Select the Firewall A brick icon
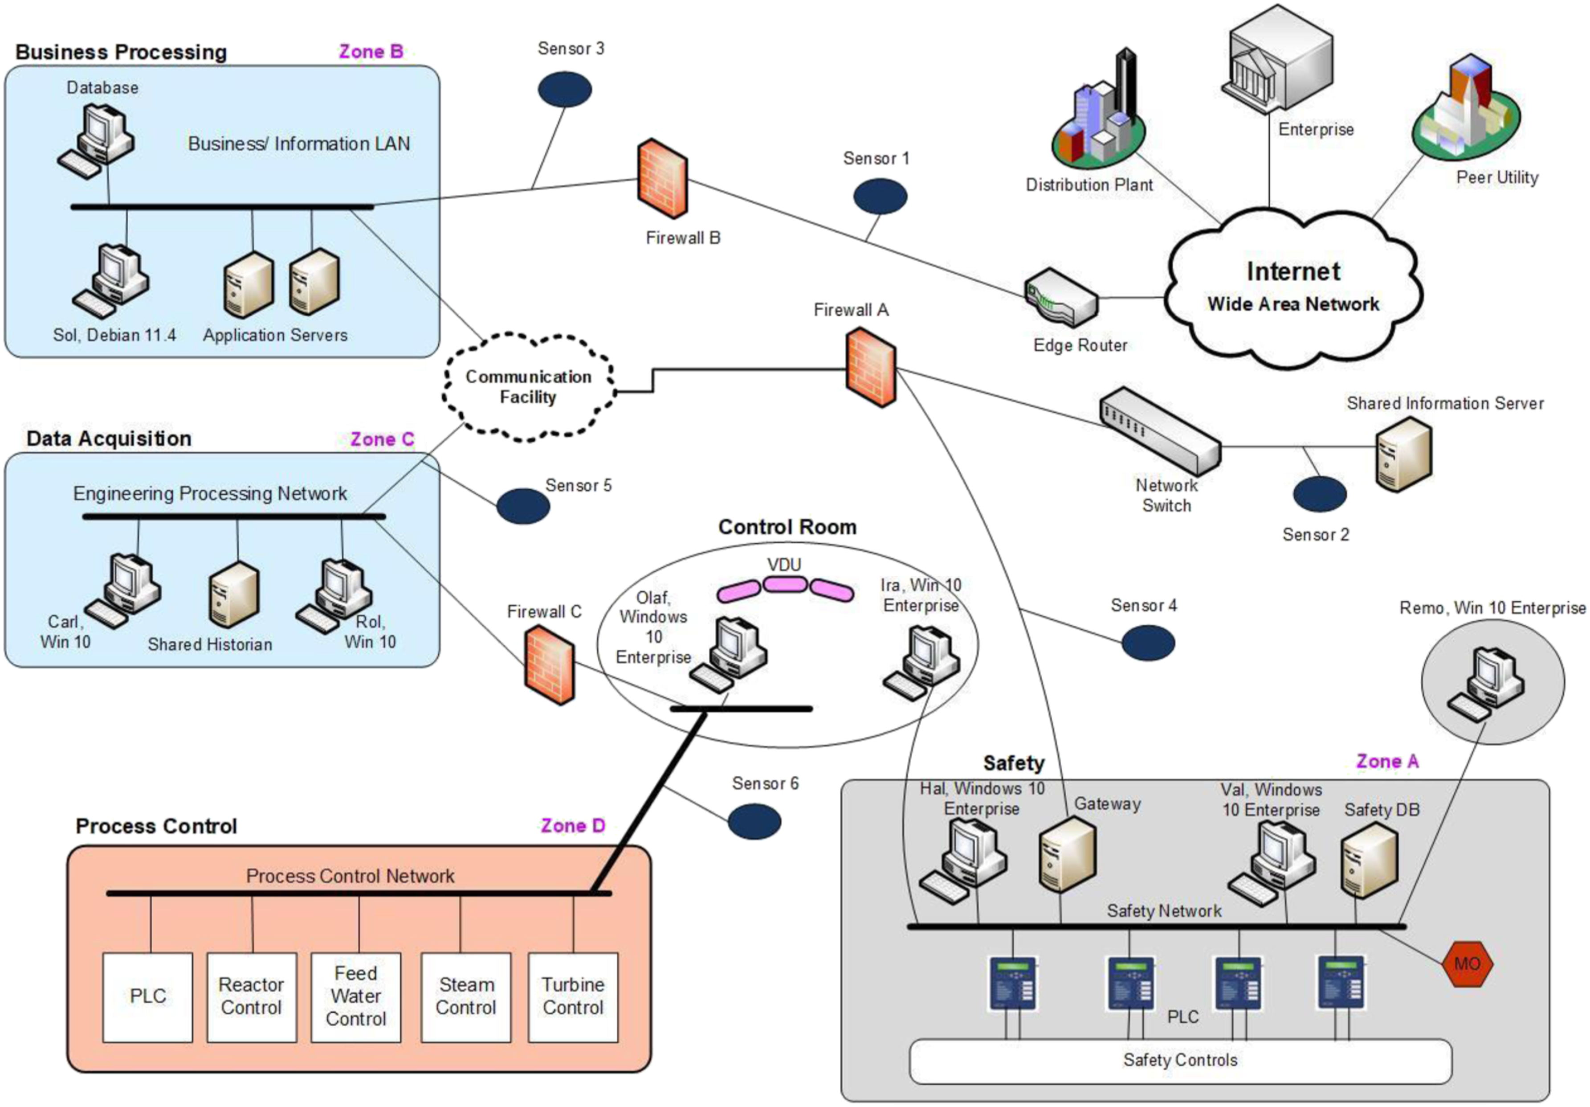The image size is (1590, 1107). click(x=870, y=367)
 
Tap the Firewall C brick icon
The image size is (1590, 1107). click(x=549, y=665)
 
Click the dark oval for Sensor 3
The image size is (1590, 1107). click(x=565, y=90)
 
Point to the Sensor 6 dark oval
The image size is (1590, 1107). click(x=754, y=822)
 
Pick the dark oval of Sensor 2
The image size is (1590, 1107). click(x=1319, y=494)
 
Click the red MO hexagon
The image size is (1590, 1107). click(x=1467, y=963)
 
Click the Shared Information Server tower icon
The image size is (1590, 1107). click(x=1403, y=455)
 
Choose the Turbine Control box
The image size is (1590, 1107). click(x=573, y=997)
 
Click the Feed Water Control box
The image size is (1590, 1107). click(x=356, y=997)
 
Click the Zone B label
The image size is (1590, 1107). click(x=371, y=51)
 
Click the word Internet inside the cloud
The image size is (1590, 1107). click(x=1293, y=271)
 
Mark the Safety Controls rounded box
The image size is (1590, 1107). click(x=1180, y=1061)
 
